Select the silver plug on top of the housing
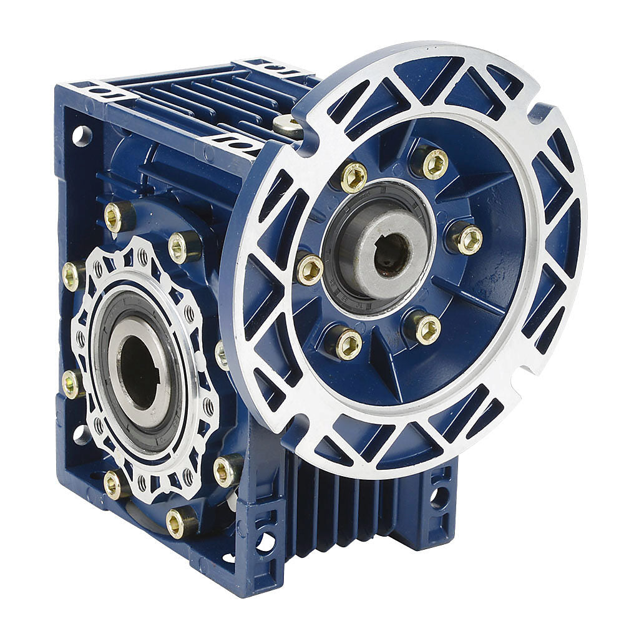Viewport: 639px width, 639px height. tap(287, 126)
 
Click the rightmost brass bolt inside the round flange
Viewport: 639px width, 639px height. tap(468, 239)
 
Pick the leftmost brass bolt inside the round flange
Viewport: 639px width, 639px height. tap(310, 270)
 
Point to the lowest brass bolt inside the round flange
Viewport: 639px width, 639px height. tap(348, 343)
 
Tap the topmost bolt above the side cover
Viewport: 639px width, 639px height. tap(118, 217)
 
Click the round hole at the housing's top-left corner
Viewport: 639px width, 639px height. tap(82, 135)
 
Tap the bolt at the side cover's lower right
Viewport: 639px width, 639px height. tap(226, 470)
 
